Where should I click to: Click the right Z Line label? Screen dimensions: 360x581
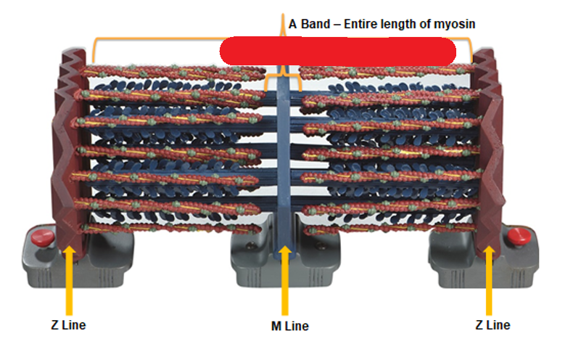click(x=493, y=324)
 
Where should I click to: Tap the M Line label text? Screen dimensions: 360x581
click(x=285, y=326)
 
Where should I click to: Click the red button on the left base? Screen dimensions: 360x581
click(x=36, y=236)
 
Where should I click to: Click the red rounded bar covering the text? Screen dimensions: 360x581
click(x=337, y=51)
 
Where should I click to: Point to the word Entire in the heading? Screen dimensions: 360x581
click(x=361, y=24)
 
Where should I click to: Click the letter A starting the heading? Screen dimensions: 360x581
click(x=292, y=24)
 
